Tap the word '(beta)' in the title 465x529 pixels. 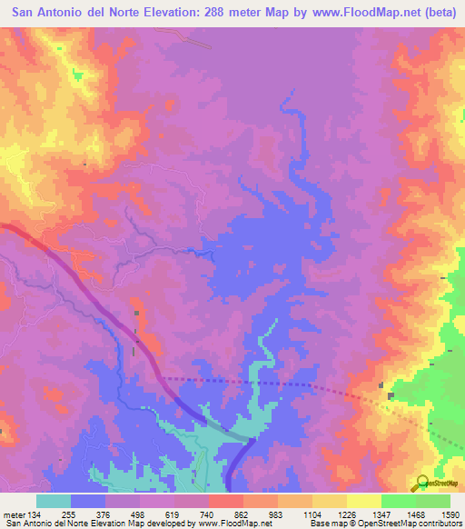[x=439, y=14]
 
